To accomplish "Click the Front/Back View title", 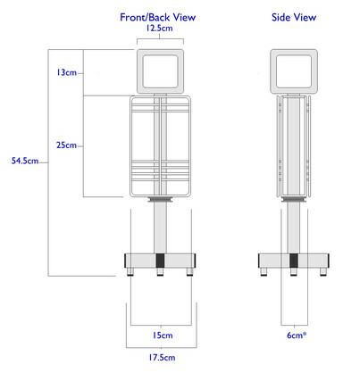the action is click(x=157, y=17).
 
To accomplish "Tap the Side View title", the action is click(x=294, y=17).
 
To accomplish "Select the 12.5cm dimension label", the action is click(x=159, y=29).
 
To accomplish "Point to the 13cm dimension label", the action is click(x=66, y=72).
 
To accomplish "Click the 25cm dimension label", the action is click(x=66, y=145).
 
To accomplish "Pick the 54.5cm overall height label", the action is click(x=25, y=161).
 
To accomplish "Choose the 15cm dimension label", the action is click(x=163, y=336).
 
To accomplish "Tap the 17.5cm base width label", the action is click(x=162, y=357).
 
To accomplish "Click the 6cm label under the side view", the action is click(x=297, y=336).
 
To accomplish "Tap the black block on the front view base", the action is click(x=160, y=261).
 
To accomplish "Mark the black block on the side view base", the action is click(x=294, y=261).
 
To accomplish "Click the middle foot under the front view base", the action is click(x=160, y=271).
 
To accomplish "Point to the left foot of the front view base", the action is click(x=130, y=271).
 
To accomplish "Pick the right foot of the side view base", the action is click(x=323, y=271).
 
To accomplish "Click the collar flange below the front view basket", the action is click(x=160, y=199).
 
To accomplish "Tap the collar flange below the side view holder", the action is click(x=294, y=199).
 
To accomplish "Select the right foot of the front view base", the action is click(x=189, y=271).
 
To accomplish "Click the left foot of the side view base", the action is click(x=264, y=271).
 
